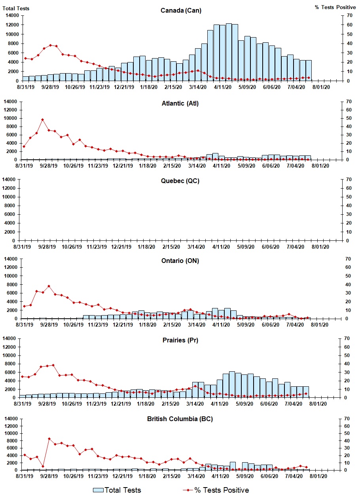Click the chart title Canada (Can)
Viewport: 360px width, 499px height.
pos(181,10)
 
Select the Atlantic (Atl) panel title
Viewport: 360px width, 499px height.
pos(180,104)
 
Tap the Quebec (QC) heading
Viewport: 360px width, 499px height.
pos(180,181)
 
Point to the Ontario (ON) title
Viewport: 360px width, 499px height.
pos(180,261)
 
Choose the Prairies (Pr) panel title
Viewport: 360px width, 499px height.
pos(180,340)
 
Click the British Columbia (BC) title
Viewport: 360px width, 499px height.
pos(180,419)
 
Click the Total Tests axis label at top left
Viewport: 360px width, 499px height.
pos(16,8)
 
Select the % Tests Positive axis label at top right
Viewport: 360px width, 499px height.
pos(335,7)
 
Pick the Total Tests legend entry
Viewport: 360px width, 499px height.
pos(117,490)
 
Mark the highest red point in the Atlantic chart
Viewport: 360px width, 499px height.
pos(42,119)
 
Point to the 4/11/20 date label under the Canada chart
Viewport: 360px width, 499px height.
pos(222,87)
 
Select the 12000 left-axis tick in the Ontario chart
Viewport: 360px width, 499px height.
pos(11,267)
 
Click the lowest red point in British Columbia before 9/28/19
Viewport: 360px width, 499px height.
pos(43,467)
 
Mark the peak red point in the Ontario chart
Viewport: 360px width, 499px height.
pos(49,286)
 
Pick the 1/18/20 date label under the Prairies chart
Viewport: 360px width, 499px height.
pos(146,404)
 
